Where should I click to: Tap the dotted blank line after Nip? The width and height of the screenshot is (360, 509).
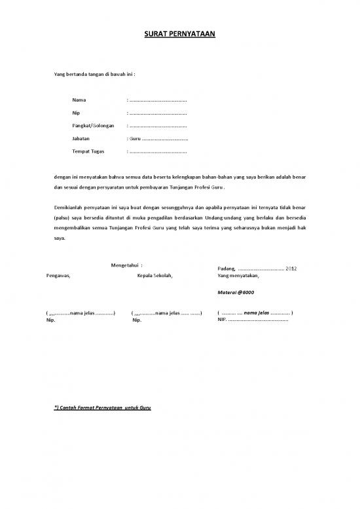tap(158, 113)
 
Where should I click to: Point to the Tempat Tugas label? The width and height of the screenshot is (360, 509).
tap(88, 151)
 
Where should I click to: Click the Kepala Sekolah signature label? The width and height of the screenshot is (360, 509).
tap(154, 275)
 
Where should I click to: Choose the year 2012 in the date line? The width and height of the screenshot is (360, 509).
tap(291, 269)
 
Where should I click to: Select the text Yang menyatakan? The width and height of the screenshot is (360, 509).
tap(238, 276)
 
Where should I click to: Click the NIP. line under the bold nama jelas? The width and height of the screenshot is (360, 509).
tap(253, 320)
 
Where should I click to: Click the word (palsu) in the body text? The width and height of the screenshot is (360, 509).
tap(63, 218)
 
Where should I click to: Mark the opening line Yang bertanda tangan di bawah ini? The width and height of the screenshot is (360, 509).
tap(94, 76)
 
